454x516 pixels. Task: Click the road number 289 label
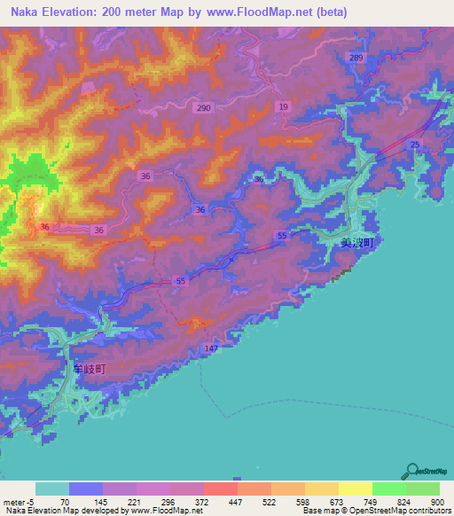click(356, 58)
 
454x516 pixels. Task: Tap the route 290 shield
click(204, 108)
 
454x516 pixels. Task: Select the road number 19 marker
click(284, 106)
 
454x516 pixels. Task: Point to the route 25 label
click(414, 145)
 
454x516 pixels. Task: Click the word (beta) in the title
click(329, 12)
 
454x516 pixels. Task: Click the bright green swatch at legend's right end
click(423, 489)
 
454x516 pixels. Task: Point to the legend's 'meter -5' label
click(18, 502)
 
